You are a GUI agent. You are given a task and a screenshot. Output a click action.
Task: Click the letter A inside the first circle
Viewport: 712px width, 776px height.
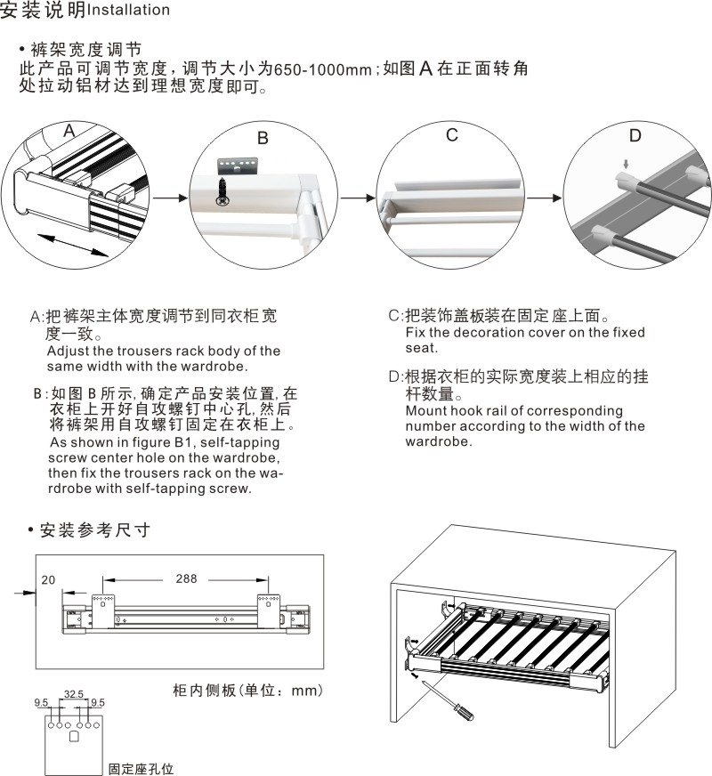coord(69,132)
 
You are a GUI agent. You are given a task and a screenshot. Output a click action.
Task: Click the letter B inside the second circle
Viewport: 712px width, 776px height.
coord(263,138)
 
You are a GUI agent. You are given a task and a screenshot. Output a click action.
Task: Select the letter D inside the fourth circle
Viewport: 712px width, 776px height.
coord(635,135)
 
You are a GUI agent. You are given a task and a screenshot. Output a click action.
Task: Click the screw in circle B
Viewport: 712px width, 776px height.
coord(221,194)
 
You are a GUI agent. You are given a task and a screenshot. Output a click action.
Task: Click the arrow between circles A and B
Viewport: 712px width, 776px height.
coord(169,198)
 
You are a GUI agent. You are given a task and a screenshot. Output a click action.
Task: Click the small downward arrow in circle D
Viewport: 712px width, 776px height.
coord(627,165)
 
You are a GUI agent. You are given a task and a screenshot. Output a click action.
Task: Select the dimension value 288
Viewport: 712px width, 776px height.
coord(186,578)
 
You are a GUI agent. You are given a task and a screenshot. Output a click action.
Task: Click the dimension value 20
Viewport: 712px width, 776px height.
coord(48,579)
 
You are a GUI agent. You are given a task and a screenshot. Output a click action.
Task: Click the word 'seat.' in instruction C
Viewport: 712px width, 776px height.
coord(422,347)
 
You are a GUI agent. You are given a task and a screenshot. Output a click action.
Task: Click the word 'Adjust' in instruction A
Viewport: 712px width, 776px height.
coord(69,351)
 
